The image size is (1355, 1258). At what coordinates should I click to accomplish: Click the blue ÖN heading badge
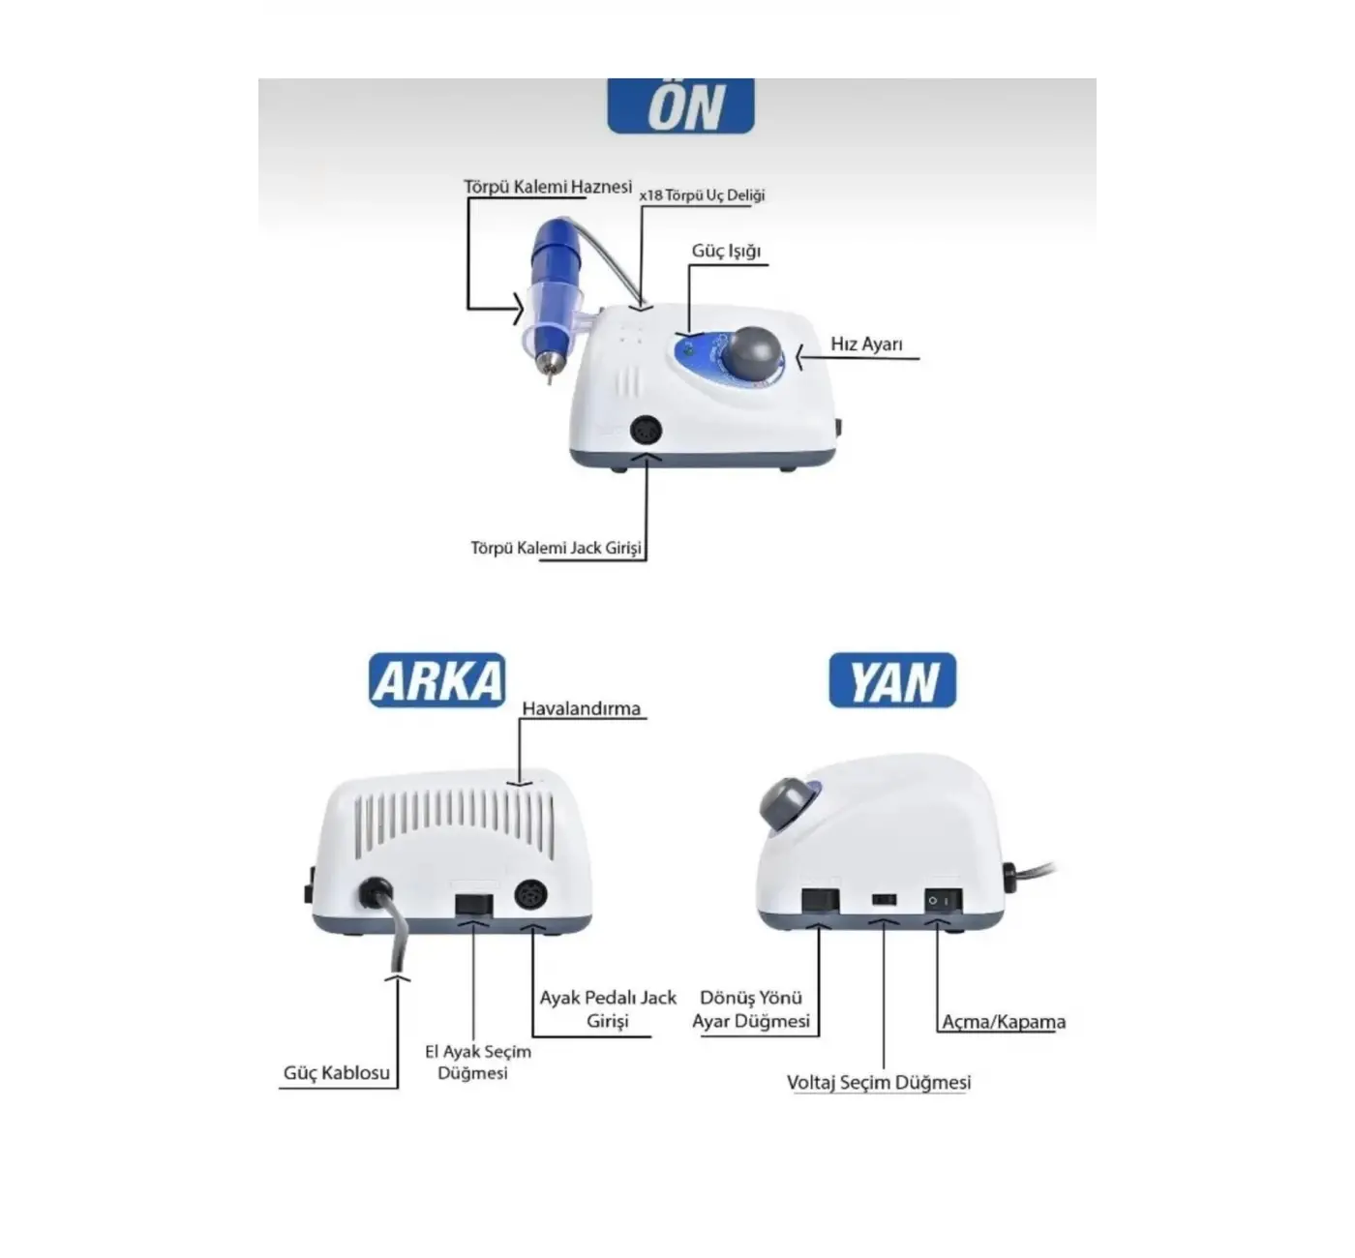click(680, 105)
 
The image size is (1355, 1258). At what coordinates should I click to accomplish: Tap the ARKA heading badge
click(437, 679)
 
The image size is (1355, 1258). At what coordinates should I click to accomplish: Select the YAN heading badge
click(892, 680)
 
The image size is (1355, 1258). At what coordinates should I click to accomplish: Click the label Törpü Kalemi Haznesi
click(548, 186)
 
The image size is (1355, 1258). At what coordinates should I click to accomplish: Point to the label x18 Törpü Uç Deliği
click(702, 195)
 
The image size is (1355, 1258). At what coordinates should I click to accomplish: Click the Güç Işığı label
click(726, 251)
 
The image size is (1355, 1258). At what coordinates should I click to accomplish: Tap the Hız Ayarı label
click(866, 344)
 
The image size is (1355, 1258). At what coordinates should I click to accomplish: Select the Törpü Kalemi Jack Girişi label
click(557, 548)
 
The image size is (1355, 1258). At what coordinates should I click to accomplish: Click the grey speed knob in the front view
click(754, 356)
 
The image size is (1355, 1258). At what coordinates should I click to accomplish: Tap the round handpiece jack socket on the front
click(646, 432)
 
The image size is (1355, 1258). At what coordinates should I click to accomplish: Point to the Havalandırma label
click(582, 708)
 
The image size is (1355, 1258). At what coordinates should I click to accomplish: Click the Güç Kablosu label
click(337, 1072)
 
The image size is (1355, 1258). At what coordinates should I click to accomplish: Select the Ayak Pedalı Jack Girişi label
click(607, 1009)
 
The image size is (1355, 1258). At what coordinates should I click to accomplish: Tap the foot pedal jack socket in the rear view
click(530, 895)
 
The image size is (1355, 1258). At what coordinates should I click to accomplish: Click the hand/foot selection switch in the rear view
click(473, 905)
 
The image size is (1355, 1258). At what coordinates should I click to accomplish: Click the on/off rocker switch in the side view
click(943, 901)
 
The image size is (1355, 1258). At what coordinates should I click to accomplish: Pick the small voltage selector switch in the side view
click(884, 900)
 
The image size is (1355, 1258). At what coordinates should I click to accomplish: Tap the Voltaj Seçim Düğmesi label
click(879, 1083)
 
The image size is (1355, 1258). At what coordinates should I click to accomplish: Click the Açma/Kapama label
click(1004, 1022)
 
